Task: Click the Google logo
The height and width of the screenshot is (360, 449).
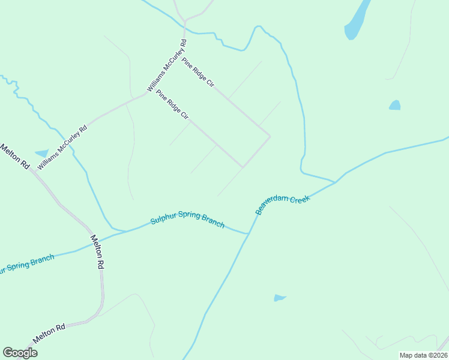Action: click(20, 353)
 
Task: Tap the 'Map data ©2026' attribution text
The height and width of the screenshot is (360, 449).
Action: click(423, 355)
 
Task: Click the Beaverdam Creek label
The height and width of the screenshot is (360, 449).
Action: click(283, 204)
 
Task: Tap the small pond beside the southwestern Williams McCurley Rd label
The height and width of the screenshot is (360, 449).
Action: click(41, 154)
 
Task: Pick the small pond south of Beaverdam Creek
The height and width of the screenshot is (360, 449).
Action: click(280, 298)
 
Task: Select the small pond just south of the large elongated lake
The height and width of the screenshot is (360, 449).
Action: click(394, 106)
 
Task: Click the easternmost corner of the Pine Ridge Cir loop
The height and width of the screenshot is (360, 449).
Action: click(270, 137)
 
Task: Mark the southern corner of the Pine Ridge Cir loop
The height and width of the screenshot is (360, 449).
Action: click(243, 167)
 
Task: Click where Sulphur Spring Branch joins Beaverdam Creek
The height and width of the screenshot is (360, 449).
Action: click(247, 233)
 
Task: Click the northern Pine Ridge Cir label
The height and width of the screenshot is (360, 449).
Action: click(198, 73)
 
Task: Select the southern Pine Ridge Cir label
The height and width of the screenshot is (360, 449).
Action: click(172, 104)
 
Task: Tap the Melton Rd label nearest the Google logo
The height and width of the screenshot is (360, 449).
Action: click(49, 333)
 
